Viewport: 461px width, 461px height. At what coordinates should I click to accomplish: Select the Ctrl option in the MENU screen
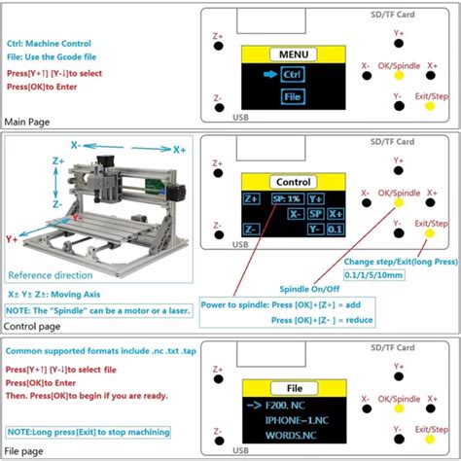(x=293, y=74)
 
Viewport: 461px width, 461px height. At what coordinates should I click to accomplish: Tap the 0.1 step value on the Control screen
(x=335, y=229)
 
